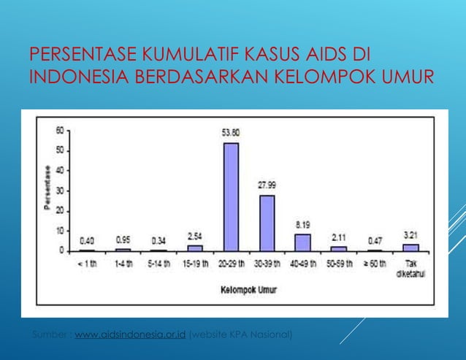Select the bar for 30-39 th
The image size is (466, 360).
point(267,223)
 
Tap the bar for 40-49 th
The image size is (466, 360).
point(302,242)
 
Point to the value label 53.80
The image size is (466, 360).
point(232,133)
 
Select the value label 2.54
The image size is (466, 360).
point(195,237)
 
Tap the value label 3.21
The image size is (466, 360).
point(411,235)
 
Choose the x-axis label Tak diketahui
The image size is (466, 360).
point(411,267)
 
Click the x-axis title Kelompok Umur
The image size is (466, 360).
point(248,290)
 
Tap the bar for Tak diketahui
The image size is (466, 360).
point(411,247)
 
